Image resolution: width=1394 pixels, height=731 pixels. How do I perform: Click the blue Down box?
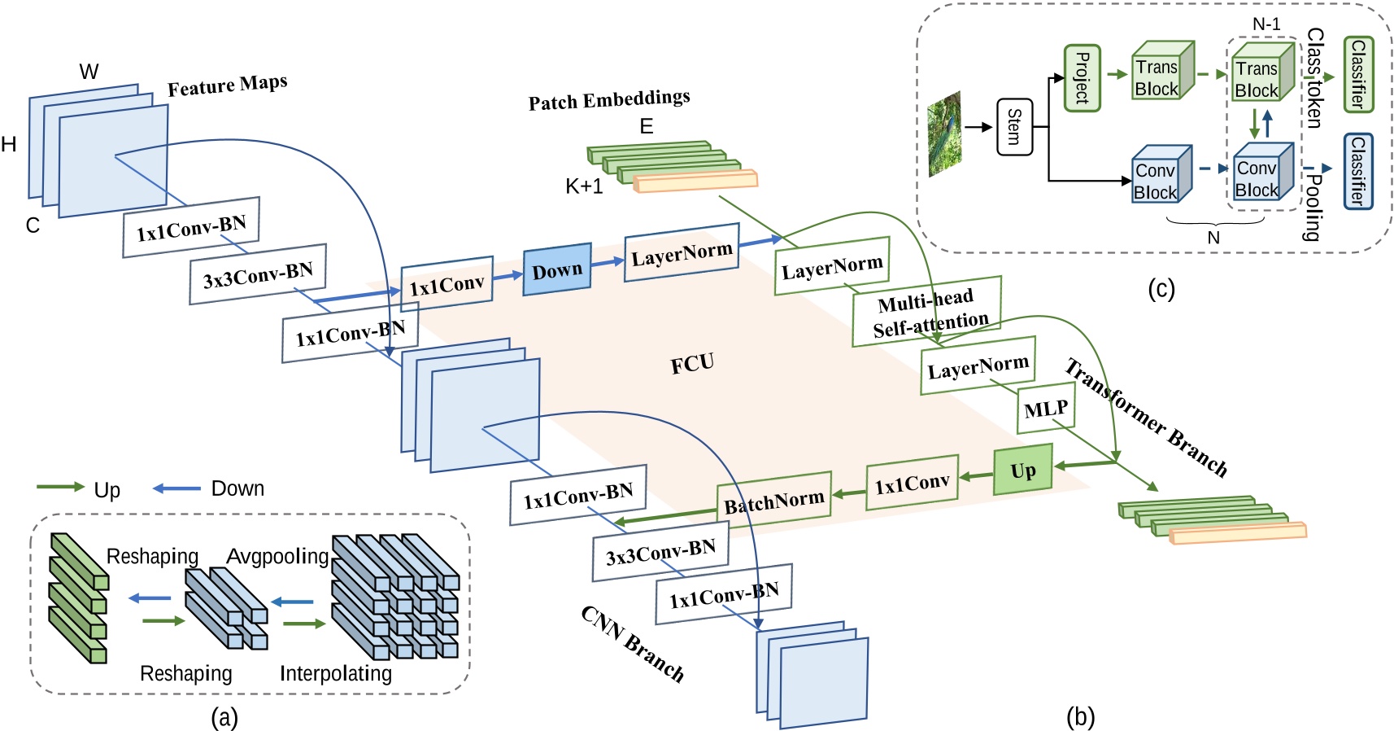coord(557,269)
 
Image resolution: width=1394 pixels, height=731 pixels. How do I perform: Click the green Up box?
coord(1023,470)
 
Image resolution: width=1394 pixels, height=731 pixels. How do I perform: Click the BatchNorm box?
coord(774,500)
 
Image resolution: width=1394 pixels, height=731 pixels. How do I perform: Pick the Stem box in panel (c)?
coord(1014,127)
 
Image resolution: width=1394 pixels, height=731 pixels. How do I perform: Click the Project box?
coord(1082,78)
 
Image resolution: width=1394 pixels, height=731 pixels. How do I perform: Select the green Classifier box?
coord(1357,75)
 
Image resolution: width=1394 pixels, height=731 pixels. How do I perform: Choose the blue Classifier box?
coord(1357,171)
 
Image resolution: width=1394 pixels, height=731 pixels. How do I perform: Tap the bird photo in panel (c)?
coord(945,134)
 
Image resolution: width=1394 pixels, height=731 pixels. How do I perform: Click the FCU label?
coord(692,363)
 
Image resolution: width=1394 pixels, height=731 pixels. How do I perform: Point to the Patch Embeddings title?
coord(609,100)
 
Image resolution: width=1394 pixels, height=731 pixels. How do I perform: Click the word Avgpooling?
coord(277,557)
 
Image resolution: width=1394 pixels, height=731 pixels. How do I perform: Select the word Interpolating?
coord(335,673)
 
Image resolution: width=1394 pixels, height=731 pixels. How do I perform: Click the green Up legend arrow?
coord(60,487)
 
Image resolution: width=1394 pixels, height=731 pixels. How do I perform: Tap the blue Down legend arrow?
coord(176,488)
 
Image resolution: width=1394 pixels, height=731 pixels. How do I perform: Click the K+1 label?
coord(584,186)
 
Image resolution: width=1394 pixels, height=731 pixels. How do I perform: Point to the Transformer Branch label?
coord(1145,418)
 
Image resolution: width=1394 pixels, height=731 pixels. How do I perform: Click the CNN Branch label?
coord(632,643)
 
